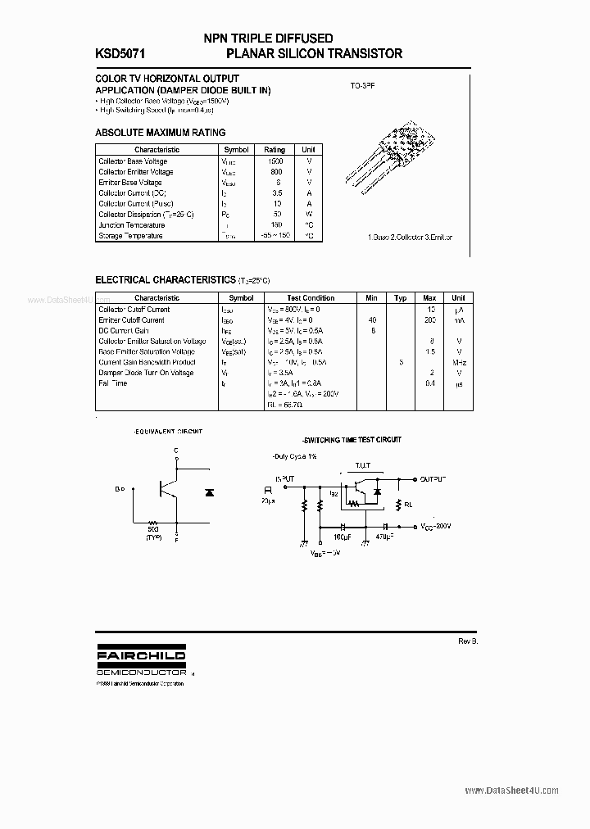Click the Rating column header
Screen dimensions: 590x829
pos(274,150)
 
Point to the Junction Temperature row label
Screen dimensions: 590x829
pos(131,225)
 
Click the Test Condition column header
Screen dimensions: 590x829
pos(311,298)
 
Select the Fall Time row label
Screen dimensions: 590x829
pos(113,383)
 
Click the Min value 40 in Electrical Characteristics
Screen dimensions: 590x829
pos(372,320)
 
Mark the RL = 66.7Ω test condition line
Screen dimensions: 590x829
pos(285,405)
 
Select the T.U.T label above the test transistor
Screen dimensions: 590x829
pos(362,464)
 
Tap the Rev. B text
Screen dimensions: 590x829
pos(468,641)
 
